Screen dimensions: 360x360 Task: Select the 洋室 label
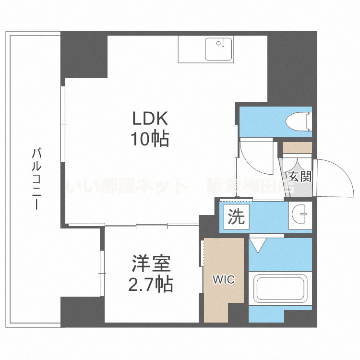[x=151, y=264]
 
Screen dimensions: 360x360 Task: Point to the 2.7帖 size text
[x=150, y=285]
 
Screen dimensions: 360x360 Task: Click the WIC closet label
[x=224, y=279]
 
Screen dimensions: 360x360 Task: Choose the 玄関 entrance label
[x=300, y=176]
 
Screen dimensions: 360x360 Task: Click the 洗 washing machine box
[x=236, y=217]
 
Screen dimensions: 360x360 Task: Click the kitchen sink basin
[x=218, y=48]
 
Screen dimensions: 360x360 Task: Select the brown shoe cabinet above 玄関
[x=297, y=147]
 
